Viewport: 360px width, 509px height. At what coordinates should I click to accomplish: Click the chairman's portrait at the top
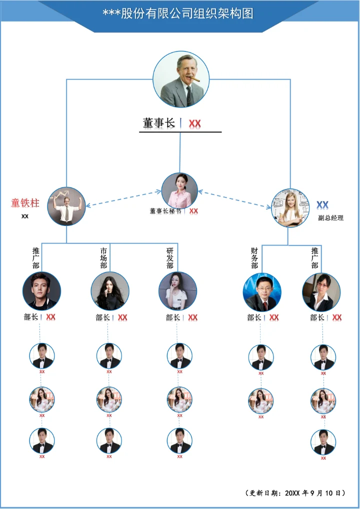click(180, 79)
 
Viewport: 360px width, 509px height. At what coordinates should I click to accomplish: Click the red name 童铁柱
click(25, 203)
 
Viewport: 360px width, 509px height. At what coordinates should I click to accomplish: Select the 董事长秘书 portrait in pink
click(179, 190)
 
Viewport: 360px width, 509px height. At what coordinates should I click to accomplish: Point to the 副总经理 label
click(331, 218)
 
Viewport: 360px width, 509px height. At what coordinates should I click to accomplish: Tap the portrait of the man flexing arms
click(66, 206)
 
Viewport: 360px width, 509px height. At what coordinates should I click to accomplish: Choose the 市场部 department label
click(103, 258)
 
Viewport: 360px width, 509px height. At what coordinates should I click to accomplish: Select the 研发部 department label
click(170, 258)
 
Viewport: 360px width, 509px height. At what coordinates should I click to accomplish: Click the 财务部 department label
click(254, 258)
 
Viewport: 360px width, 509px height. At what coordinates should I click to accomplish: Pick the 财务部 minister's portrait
click(262, 292)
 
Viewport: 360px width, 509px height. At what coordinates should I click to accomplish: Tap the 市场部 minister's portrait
click(110, 291)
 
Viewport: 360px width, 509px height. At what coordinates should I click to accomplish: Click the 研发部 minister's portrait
click(177, 291)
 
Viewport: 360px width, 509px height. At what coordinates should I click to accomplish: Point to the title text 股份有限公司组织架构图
click(178, 13)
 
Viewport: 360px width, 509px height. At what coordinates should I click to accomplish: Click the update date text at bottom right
click(296, 493)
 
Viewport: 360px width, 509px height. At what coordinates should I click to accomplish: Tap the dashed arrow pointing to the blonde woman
click(235, 199)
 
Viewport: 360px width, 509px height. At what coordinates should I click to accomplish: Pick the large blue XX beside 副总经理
click(322, 205)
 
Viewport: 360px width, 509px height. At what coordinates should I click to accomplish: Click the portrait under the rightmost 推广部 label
click(321, 292)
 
